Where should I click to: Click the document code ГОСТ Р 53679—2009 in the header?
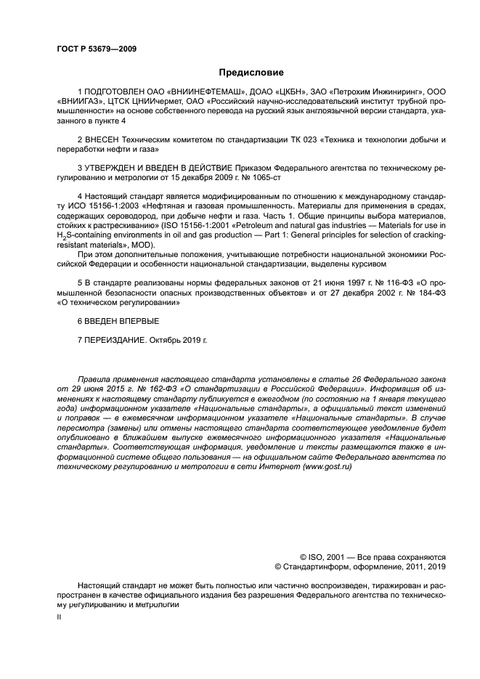point(96,49)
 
